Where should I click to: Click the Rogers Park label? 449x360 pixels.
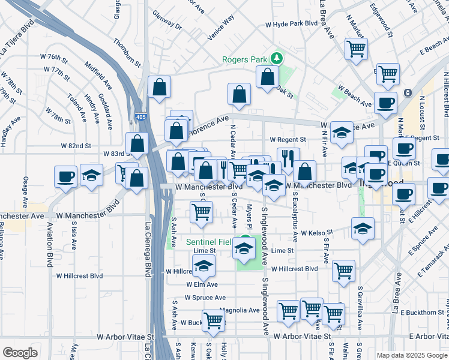point(244,59)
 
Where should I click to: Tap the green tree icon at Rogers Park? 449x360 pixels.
point(277,58)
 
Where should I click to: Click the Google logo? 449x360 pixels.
point(20,352)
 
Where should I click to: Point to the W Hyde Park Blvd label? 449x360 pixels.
point(291,24)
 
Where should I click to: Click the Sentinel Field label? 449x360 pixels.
point(208,242)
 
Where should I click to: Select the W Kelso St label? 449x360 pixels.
point(316,233)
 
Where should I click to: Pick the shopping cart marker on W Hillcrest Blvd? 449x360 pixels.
point(343,270)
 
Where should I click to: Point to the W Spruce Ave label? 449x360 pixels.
point(205,298)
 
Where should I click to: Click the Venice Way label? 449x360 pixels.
point(220,28)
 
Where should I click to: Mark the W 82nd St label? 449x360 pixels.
point(76,146)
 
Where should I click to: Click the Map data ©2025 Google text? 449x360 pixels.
point(411,355)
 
